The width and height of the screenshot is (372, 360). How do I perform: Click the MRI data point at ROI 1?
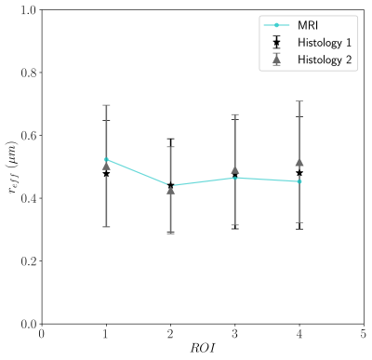pos(106,159)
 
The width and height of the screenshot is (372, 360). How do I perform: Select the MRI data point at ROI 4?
pos(299,181)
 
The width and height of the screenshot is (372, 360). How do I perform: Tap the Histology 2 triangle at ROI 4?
pos(299,163)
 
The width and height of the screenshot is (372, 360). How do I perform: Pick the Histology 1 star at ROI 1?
pos(106,173)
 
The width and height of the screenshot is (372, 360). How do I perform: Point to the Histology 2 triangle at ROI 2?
pos(170,191)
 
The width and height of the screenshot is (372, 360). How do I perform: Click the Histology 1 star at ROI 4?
pos(299,173)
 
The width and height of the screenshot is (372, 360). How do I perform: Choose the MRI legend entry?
pos(291,25)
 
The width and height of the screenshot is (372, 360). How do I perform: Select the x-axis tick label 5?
pos(364,334)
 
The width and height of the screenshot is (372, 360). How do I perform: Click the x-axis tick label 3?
pos(234,334)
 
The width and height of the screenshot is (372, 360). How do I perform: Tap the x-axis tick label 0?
pos(42,334)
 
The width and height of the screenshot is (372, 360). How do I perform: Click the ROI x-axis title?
pos(203,348)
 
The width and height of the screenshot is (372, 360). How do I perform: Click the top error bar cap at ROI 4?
pos(299,100)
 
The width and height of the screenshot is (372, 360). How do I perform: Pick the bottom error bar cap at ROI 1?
pos(106,227)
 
